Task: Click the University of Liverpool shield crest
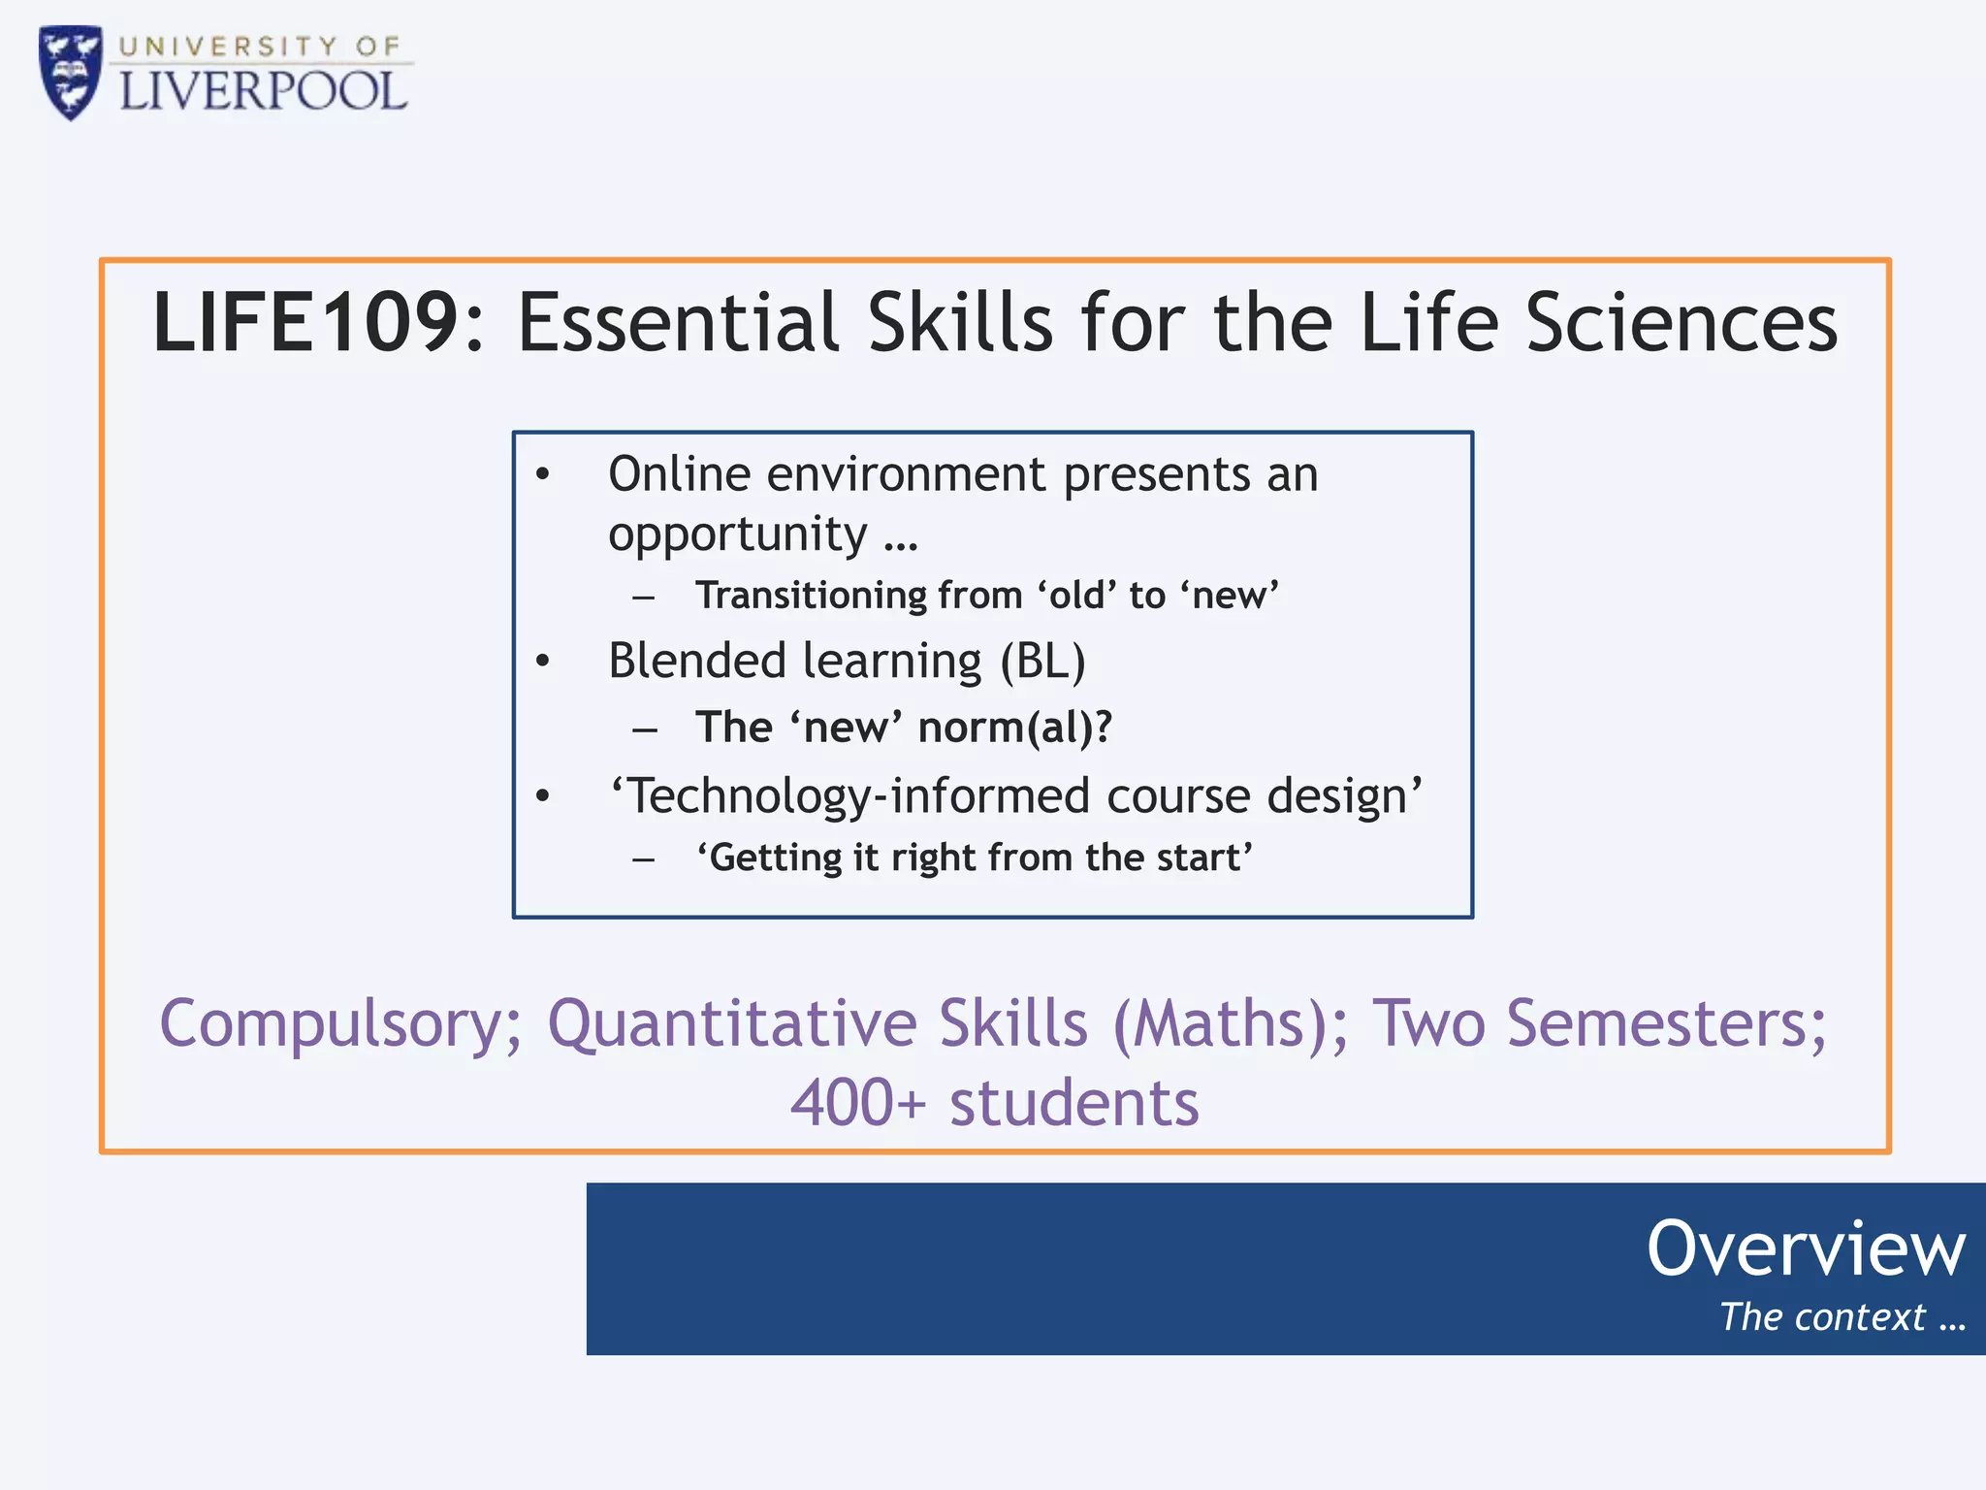coord(70,72)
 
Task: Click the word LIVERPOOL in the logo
coord(263,92)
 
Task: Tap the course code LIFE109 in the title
coord(305,322)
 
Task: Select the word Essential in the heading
coord(678,322)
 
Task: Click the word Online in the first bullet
coord(679,474)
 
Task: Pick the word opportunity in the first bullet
coord(737,534)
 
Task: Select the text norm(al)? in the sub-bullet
coord(1015,727)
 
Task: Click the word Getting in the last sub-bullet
coord(776,858)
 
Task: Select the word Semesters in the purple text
coord(1665,1024)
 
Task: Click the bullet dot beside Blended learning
coord(543,662)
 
